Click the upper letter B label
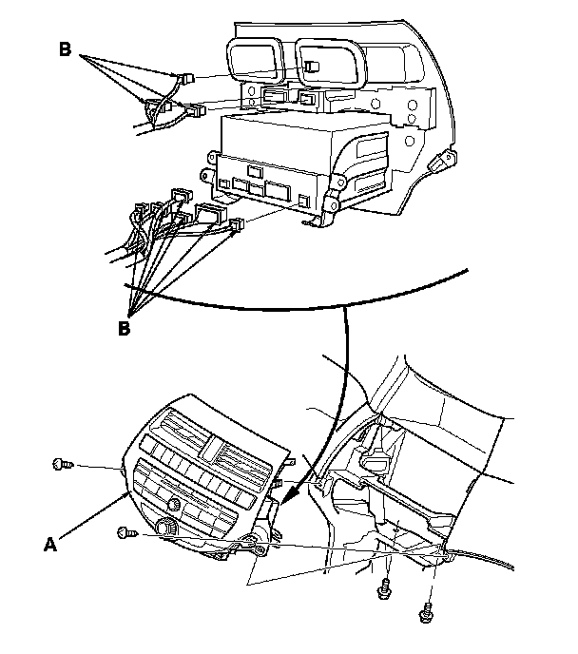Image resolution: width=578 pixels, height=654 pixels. [65, 48]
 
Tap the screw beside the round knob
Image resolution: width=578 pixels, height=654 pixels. [125, 533]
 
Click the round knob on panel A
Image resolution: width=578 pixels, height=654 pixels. [168, 528]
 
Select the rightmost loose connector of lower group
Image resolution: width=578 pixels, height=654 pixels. [237, 225]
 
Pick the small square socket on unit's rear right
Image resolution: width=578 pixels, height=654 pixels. [301, 201]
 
